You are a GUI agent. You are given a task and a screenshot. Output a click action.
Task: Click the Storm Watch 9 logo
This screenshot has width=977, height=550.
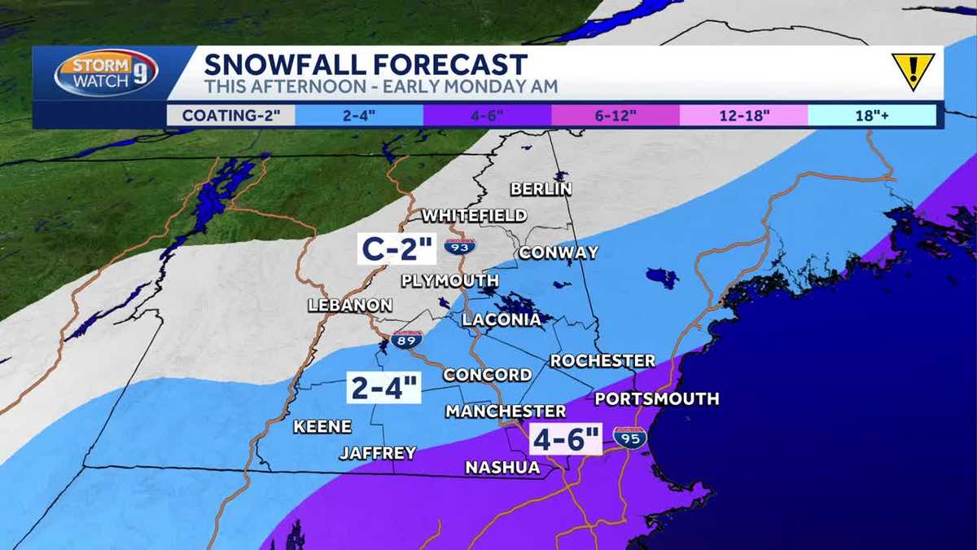[x=106, y=73]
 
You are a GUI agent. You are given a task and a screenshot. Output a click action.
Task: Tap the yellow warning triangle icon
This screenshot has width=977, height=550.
[x=913, y=72]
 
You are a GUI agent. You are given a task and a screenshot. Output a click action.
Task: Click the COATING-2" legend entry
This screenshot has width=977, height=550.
[x=230, y=115]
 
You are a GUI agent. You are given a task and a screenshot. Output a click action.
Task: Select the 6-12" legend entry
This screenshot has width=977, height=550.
[x=615, y=115]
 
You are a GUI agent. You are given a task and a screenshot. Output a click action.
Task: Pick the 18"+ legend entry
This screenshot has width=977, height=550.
[x=872, y=115]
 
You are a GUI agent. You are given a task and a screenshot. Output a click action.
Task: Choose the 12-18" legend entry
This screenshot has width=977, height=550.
[x=743, y=115]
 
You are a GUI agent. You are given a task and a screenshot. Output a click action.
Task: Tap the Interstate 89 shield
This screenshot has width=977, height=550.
[x=405, y=339]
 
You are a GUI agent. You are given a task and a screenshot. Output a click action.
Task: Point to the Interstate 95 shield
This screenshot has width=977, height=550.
[x=629, y=438]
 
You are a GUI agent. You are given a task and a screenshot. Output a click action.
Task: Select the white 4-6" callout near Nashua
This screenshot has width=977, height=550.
[x=566, y=440]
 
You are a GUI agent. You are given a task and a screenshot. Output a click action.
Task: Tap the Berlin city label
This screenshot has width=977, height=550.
[x=541, y=189]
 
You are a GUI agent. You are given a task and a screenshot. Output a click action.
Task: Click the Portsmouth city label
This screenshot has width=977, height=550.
[x=657, y=398]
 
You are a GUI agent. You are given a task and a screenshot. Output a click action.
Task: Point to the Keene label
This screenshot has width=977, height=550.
[x=322, y=426]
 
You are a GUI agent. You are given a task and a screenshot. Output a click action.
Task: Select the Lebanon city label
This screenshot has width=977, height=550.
[x=350, y=306]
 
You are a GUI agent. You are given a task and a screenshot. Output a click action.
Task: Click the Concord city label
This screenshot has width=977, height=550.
[x=487, y=375]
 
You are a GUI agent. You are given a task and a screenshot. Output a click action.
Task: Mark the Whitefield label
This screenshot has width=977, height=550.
[x=474, y=215]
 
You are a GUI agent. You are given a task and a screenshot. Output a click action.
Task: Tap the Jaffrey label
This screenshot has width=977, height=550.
[x=378, y=453]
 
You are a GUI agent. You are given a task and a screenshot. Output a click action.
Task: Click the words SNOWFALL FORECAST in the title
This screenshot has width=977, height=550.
[x=366, y=64]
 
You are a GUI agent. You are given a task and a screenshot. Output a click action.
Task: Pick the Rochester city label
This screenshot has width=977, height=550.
[x=602, y=360]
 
